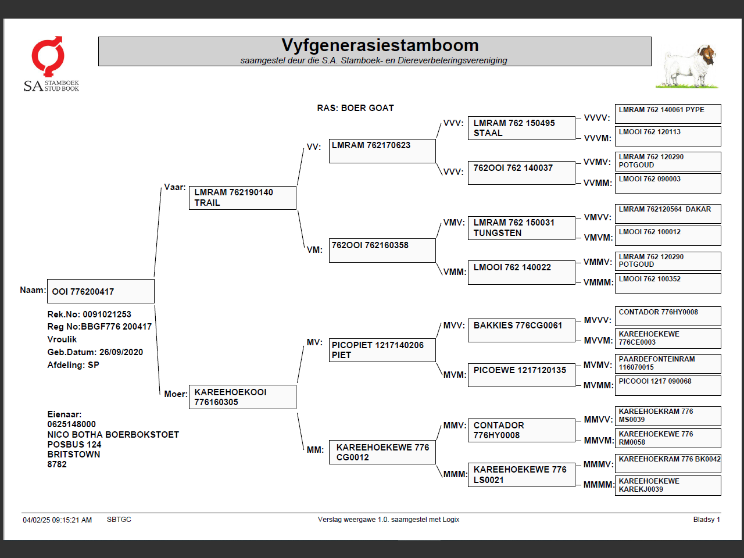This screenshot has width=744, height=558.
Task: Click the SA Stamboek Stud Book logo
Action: tap(51, 64)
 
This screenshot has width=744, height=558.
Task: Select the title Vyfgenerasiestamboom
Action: tap(380, 45)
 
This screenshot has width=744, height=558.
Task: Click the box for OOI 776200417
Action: tap(101, 291)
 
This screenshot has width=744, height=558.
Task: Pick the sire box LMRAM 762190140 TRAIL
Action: tap(242, 198)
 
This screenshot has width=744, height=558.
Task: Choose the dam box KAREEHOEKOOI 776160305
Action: tap(242, 397)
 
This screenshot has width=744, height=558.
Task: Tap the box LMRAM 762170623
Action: tap(382, 151)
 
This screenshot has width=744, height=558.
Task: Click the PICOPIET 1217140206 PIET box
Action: tap(382, 350)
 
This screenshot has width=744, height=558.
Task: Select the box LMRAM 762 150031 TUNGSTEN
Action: tap(521, 228)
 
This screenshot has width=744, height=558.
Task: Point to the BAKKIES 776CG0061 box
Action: tap(521, 331)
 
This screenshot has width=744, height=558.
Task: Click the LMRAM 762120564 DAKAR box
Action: tap(668, 213)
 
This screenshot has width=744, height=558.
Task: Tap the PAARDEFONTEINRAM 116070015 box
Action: tap(668, 363)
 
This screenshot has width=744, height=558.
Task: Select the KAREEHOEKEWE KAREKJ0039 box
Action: tap(668, 485)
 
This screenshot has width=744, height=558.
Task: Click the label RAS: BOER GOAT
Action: tap(355, 108)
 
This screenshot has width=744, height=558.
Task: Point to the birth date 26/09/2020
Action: tap(121, 352)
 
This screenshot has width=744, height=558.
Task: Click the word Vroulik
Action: tap(62, 339)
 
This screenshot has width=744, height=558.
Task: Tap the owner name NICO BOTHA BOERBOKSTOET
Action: tap(113, 435)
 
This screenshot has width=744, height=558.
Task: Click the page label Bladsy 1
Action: tap(706, 520)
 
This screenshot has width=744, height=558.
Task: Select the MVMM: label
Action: tap(598, 385)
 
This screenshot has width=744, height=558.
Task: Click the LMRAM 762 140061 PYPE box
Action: tap(668, 113)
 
